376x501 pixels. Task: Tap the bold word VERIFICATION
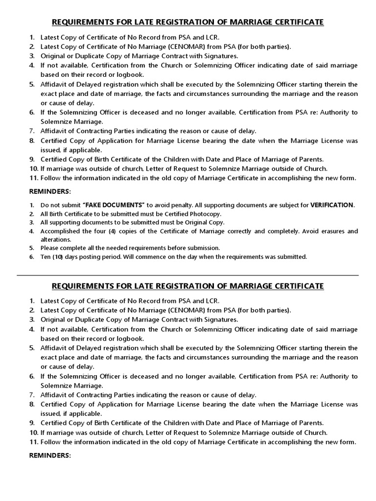click(x=331, y=205)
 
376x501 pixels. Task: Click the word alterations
click(x=55, y=240)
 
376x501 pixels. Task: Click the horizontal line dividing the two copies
click(x=188, y=275)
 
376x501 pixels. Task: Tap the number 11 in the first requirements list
click(x=34, y=178)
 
